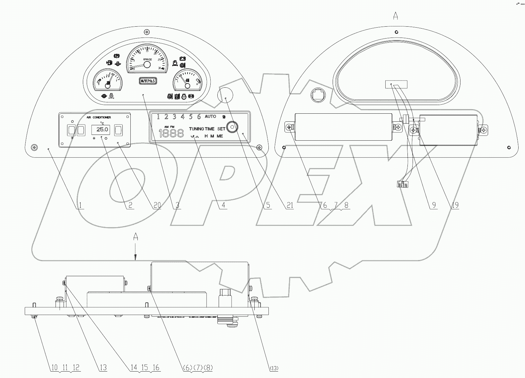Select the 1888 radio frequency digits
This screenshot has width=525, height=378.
coord(171,133)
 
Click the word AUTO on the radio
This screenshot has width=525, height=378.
coord(210,116)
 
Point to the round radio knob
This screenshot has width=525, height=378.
coord(232,127)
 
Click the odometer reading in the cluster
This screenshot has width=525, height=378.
coord(148,81)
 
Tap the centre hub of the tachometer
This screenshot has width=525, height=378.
coord(147,65)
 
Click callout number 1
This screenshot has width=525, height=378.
coord(80,205)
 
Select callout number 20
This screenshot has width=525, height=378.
coord(157,205)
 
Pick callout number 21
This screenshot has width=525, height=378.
coord(290,205)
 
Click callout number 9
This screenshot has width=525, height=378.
coord(434,205)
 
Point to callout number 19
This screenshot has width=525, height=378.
coord(455,205)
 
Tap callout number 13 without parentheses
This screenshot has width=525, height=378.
coord(103,368)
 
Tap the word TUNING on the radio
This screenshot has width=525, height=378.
coord(197,129)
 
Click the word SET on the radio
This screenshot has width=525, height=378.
coord(221,129)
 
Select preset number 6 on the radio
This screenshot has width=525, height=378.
coord(199,117)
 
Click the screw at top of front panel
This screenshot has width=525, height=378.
coord(146,32)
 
